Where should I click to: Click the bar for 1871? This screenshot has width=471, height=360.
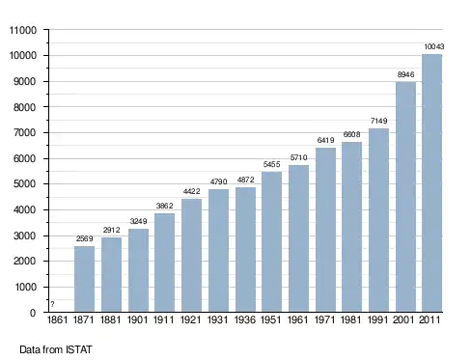coord(84,279)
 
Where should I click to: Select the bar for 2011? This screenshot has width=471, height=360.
coord(431,182)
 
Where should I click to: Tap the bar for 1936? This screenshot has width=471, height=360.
coord(245,249)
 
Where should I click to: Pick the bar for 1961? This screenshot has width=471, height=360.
coord(298,238)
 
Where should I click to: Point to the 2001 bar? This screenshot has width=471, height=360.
coord(405,197)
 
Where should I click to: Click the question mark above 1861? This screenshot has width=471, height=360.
coord(52,304)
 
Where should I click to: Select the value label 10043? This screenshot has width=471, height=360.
coord(433,46)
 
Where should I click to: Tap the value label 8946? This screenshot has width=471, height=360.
coord(405,74)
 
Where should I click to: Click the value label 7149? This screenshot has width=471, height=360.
coord(378,121)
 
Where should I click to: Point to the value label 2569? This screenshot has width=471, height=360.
coord(84,238)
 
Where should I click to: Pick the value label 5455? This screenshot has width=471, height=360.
coord(271,164)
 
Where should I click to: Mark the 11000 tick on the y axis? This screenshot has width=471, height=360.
coord(23,30)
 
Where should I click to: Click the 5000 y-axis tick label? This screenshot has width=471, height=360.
coord(25,184)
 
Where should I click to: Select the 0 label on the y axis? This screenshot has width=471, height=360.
coord(33,313)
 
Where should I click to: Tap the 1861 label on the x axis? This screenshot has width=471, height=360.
coord(57,319)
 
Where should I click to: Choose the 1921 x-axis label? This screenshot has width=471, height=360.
coord(191,319)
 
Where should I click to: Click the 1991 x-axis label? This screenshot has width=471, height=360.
coord(377,319)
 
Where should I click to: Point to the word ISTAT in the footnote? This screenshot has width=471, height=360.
coord(79,349)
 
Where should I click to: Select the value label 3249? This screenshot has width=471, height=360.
coord(138,221)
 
